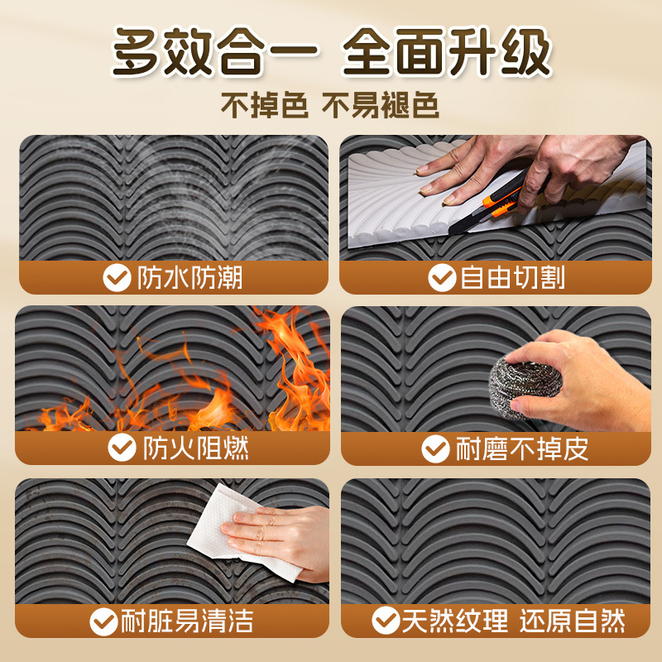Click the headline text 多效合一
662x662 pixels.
click(215, 51)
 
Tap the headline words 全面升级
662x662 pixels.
click(447, 51)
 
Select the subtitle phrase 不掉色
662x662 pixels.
click(265, 105)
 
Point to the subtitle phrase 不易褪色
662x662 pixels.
click(381, 105)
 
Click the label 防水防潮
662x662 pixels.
click(190, 278)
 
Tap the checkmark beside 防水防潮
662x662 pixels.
click(117, 278)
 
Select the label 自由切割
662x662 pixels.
click(512, 278)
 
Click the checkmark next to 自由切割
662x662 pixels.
click(442, 278)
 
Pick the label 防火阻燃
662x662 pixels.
click(196, 448)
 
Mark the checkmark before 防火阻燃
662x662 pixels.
click(122, 448)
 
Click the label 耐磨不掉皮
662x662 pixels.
click(522, 449)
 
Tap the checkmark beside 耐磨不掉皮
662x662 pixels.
click(435, 449)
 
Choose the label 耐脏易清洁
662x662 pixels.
click(187, 621)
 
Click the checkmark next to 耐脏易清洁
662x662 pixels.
click(103, 621)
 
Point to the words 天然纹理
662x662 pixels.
click(455, 621)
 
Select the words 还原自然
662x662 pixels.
click(573, 621)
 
